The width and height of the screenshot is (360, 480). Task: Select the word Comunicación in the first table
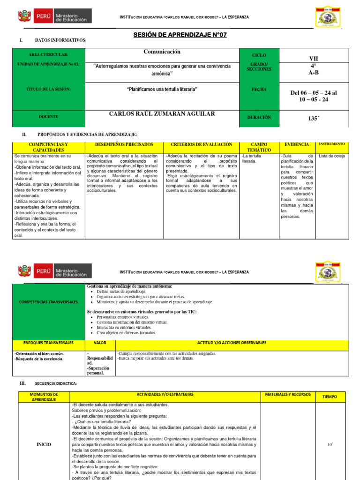click(x=162, y=52)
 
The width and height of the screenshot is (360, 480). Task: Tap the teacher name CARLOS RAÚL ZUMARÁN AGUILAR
click(x=162, y=114)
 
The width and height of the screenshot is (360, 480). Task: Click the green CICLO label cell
click(x=259, y=55)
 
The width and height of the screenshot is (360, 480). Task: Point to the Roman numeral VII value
click(x=313, y=59)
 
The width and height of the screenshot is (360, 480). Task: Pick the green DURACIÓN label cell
click(x=259, y=118)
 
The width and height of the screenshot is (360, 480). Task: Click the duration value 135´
click(x=313, y=119)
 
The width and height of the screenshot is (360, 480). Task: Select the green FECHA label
click(x=259, y=90)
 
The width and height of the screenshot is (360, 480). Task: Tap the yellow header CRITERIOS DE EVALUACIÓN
click(x=202, y=145)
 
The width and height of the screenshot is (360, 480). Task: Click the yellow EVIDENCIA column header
click(x=297, y=145)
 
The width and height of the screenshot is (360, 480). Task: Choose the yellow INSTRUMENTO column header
click(x=331, y=144)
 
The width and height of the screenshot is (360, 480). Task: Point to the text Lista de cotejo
click(x=332, y=156)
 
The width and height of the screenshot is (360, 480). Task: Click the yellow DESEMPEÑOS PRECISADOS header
click(x=124, y=145)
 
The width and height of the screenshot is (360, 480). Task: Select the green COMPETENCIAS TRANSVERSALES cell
click(x=49, y=302)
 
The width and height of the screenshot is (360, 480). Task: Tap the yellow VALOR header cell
click(x=100, y=343)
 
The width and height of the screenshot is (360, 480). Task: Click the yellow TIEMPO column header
click(x=330, y=397)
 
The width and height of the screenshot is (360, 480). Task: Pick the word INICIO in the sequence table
click(x=44, y=444)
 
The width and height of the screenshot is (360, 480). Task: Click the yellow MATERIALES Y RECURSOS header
click(x=288, y=395)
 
